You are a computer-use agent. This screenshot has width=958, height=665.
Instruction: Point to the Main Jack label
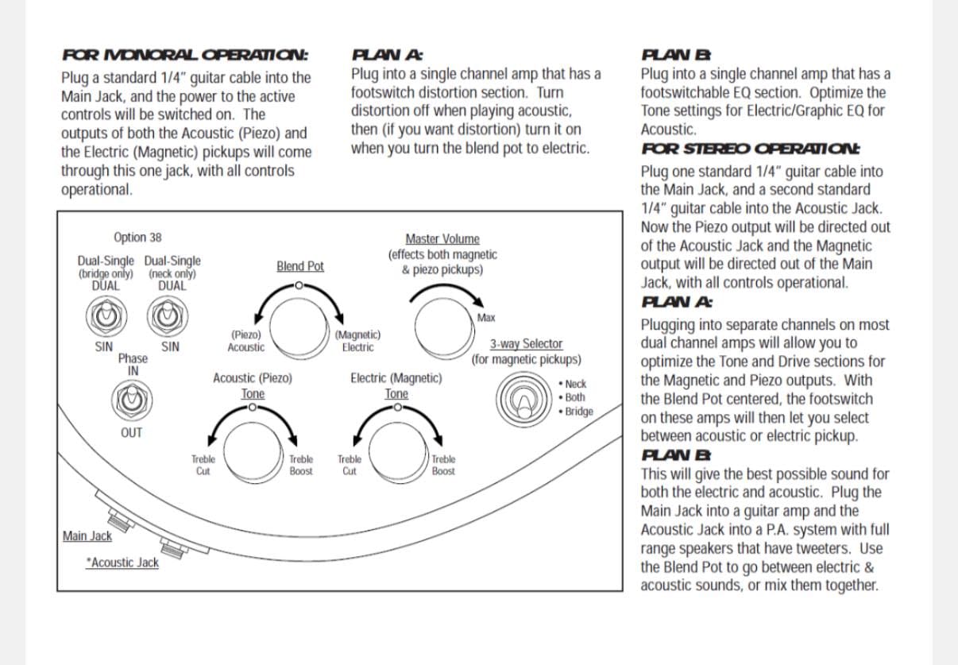87,536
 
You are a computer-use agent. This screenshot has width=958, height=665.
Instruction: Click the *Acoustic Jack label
122,563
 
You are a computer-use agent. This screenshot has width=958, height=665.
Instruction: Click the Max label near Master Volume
486,318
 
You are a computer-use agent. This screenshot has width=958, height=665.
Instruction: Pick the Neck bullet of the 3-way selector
573,385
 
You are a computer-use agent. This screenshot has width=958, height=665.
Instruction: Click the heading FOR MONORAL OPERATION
185,56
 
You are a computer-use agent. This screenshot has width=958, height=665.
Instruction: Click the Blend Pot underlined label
300,266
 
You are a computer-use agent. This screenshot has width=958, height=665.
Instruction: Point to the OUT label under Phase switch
131,433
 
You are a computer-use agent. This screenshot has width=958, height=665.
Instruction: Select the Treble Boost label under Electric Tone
443,465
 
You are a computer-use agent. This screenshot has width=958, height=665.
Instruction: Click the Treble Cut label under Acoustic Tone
203,465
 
